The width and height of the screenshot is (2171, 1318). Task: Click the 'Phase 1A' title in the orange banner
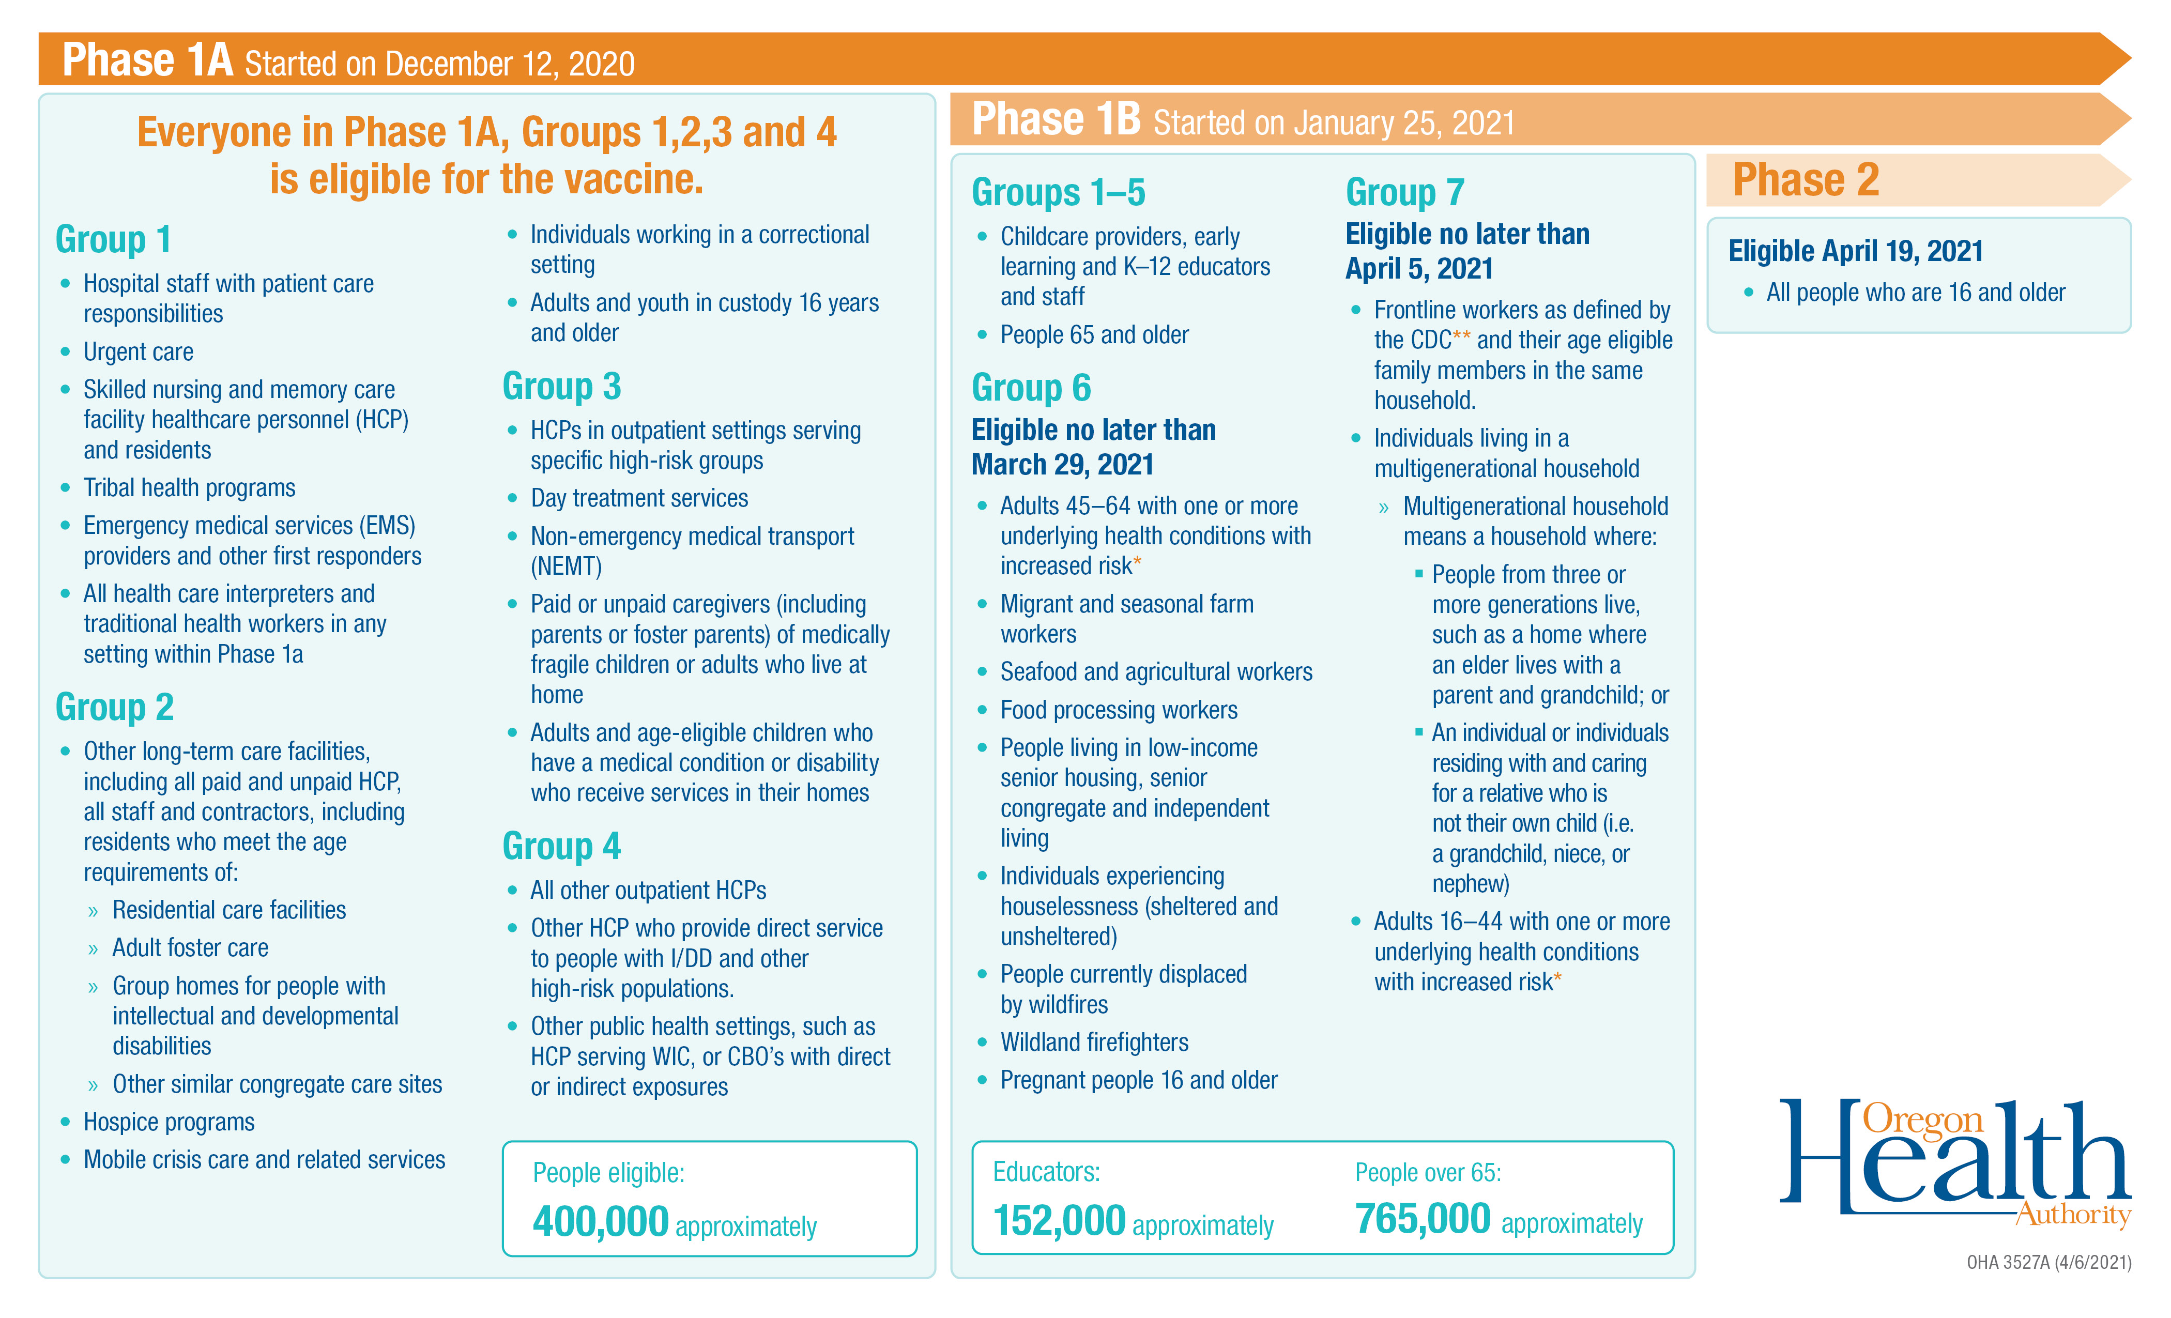[147, 61]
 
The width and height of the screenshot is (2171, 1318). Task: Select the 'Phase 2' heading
[1806, 180]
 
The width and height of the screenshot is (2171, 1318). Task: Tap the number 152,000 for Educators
[1059, 1221]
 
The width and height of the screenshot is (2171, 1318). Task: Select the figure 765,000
[1422, 1219]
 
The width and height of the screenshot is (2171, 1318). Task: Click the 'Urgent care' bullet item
[139, 351]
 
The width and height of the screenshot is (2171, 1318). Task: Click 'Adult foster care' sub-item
[190, 948]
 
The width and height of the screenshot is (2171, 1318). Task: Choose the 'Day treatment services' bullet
[639, 499]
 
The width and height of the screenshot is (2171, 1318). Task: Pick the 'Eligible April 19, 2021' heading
[1855, 251]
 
